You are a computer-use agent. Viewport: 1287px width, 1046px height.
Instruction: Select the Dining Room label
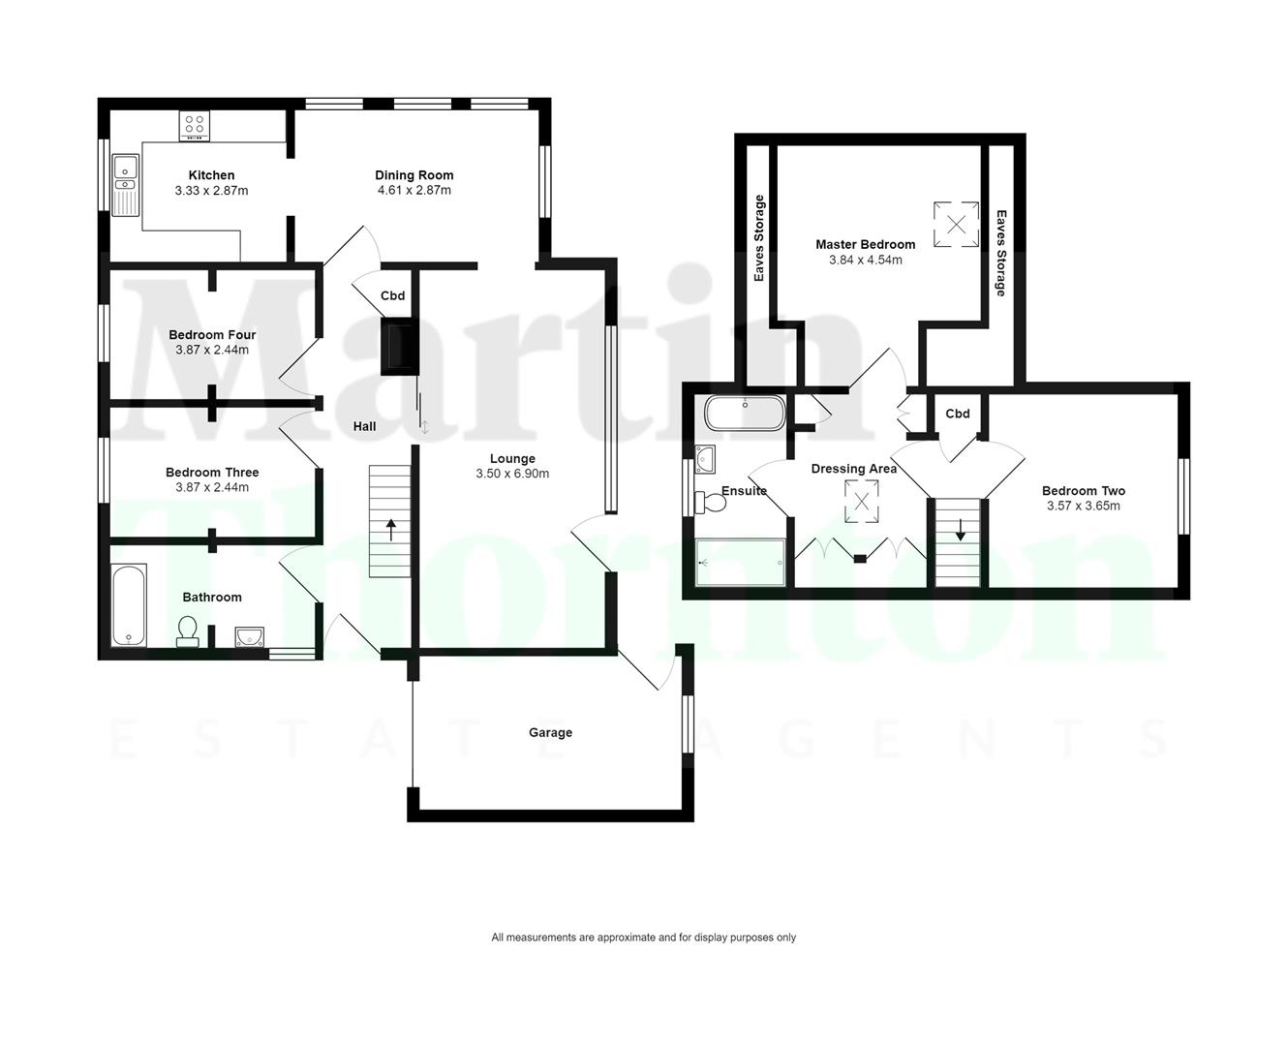[x=414, y=175]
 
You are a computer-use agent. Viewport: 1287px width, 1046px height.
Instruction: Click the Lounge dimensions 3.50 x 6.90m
[x=512, y=474]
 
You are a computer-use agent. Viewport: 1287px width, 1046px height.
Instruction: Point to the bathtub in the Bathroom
[x=128, y=606]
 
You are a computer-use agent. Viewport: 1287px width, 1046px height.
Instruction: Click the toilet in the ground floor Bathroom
[x=188, y=632]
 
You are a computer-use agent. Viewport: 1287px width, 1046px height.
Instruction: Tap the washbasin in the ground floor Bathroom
[x=249, y=636]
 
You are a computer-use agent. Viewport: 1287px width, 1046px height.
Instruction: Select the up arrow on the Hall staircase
[x=391, y=530]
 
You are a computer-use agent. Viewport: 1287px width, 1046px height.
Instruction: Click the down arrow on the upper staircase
[x=960, y=530]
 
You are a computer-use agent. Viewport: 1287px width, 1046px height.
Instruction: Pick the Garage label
[x=550, y=733]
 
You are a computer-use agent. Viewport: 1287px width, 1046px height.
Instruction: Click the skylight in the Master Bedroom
[x=956, y=225]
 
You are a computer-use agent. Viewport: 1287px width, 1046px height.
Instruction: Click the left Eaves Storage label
[x=759, y=238]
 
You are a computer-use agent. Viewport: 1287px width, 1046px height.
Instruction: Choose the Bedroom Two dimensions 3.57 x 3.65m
[x=1083, y=506]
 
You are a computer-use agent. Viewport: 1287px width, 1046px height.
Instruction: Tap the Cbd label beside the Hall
[x=392, y=296]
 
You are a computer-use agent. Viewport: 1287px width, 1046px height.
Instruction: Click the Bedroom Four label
[x=212, y=335]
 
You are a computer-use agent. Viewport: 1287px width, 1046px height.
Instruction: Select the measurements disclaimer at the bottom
[x=643, y=938]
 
